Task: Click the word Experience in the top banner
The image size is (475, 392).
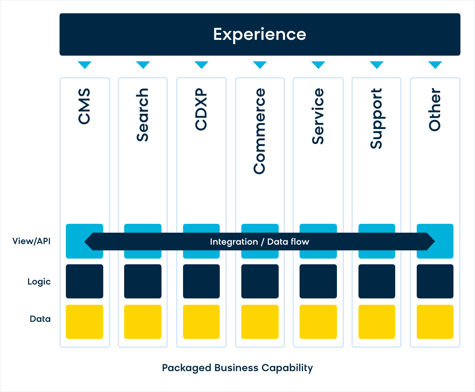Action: (x=260, y=34)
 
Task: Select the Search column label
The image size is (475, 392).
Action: (x=142, y=115)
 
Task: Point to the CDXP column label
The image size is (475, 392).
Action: (x=201, y=109)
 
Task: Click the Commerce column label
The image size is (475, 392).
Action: (x=260, y=131)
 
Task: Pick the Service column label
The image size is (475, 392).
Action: (x=318, y=116)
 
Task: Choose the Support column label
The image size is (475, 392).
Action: (x=377, y=119)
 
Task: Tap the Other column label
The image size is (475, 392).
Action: (x=435, y=110)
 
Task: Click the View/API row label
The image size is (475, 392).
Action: (x=31, y=241)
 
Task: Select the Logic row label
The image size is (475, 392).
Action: (x=39, y=282)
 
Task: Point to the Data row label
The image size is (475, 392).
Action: (x=40, y=319)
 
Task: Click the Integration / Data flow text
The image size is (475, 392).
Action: (x=260, y=242)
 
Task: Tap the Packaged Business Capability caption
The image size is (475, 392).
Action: (x=237, y=368)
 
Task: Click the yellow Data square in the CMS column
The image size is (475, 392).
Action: (x=85, y=322)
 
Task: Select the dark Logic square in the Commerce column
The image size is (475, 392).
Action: (x=260, y=281)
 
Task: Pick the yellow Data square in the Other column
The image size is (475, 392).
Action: (x=435, y=322)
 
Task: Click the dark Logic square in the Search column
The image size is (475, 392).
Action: (x=142, y=281)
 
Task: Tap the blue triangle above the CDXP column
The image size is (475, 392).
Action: (x=201, y=64)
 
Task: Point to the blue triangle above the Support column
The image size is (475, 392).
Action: (x=377, y=64)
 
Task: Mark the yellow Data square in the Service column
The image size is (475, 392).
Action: (x=318, y=322)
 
